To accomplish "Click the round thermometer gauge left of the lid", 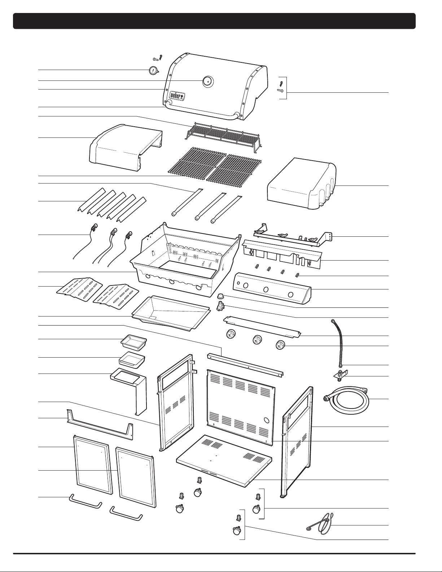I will click(x=154, y=70).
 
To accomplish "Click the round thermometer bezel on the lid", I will click(x=207, y=82).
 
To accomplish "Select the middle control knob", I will click(x=257, y=340).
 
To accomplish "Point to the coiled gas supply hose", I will click(x=347, y=400).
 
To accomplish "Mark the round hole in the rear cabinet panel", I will click(x=267, y=420).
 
